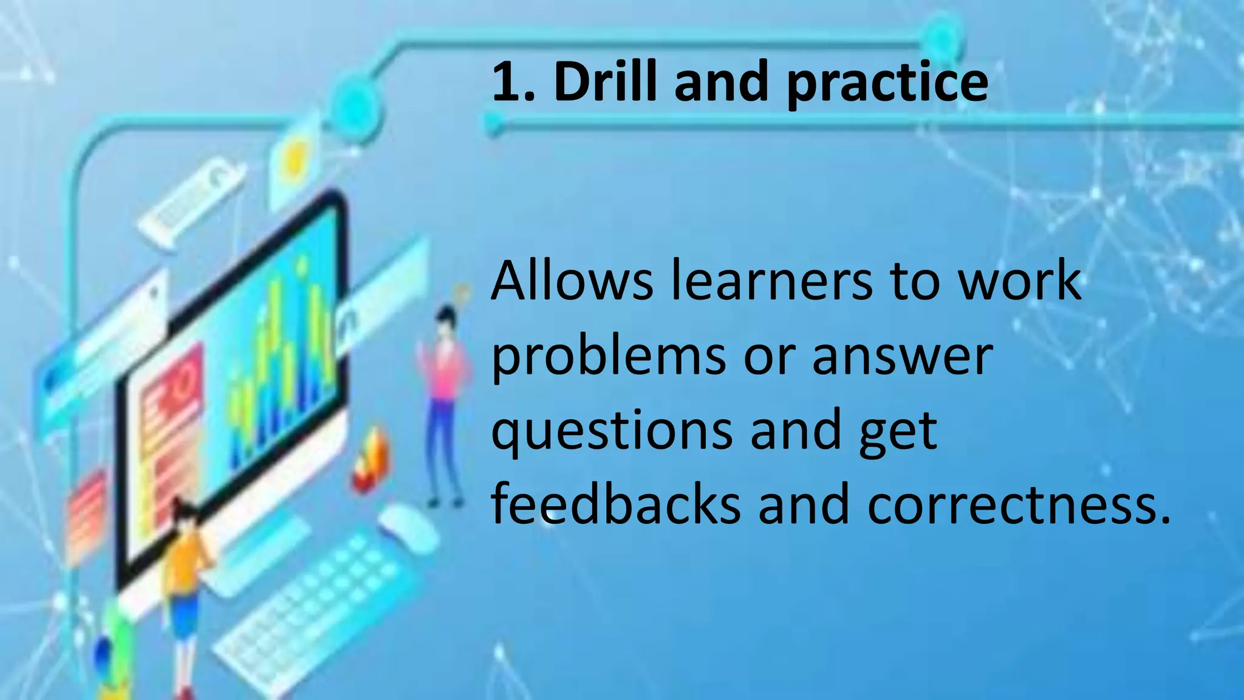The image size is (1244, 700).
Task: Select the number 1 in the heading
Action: point(507,82)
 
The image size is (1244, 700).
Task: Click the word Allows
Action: point(572,281)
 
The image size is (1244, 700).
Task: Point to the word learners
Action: point(771,281)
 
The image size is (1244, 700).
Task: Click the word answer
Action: point(902,357)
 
